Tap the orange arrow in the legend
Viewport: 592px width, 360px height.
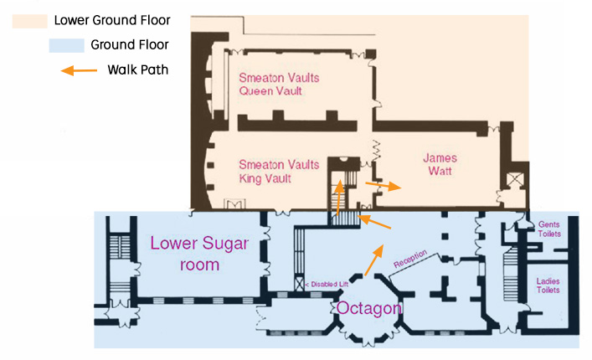(79, 70)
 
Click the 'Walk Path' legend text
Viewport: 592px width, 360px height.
(138, 69)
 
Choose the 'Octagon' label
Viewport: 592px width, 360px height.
(368, 308)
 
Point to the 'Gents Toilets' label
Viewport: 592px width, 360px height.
(548, 229)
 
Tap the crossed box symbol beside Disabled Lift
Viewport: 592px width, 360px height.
(299, 285)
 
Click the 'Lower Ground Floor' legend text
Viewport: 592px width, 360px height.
(124, 20)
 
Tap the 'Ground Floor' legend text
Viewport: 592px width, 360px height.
(129, 45)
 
